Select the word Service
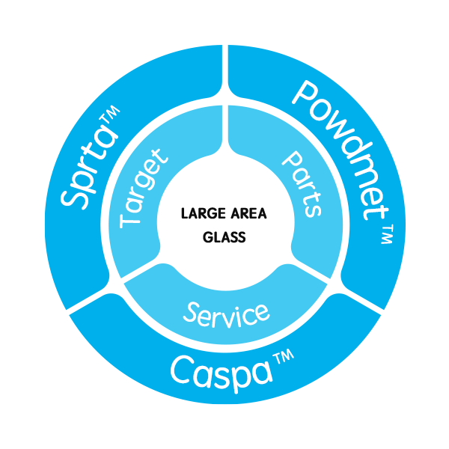(x=227, y=312)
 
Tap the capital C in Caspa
(x=182, y=370)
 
